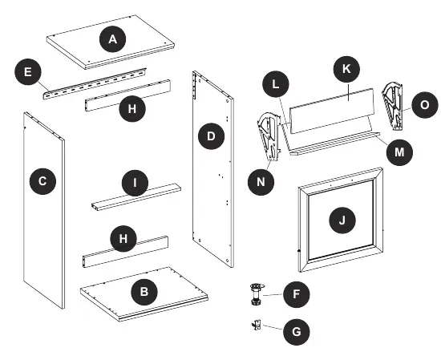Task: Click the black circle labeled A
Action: (x=113, y=39)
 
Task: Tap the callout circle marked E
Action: (x=28, y=71)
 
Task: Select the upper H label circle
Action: (x=132, y=108)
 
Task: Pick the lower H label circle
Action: (x=123, y=239)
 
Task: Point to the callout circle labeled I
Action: (x=135, y=183)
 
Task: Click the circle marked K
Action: (x=346, y=69)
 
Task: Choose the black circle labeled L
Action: (x=276, y=84)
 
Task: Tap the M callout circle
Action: (x=399, y=152)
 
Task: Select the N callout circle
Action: (x=261, y=182)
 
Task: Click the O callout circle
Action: (x=425, y=105)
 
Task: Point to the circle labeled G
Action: (x=297, y=332)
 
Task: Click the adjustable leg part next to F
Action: (x=257, y=294)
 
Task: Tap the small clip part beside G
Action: (x=257, y=326)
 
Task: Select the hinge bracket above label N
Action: (x=269, y=137)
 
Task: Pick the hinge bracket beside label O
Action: (x=393, y=107)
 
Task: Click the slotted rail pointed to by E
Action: (x=95, y=83)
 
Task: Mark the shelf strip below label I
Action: (x=136, y=197)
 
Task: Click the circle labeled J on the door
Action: (x=342, y=220)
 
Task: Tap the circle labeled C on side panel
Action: (x=42, y=181)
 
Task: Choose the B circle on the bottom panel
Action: (x=144, y=291)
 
